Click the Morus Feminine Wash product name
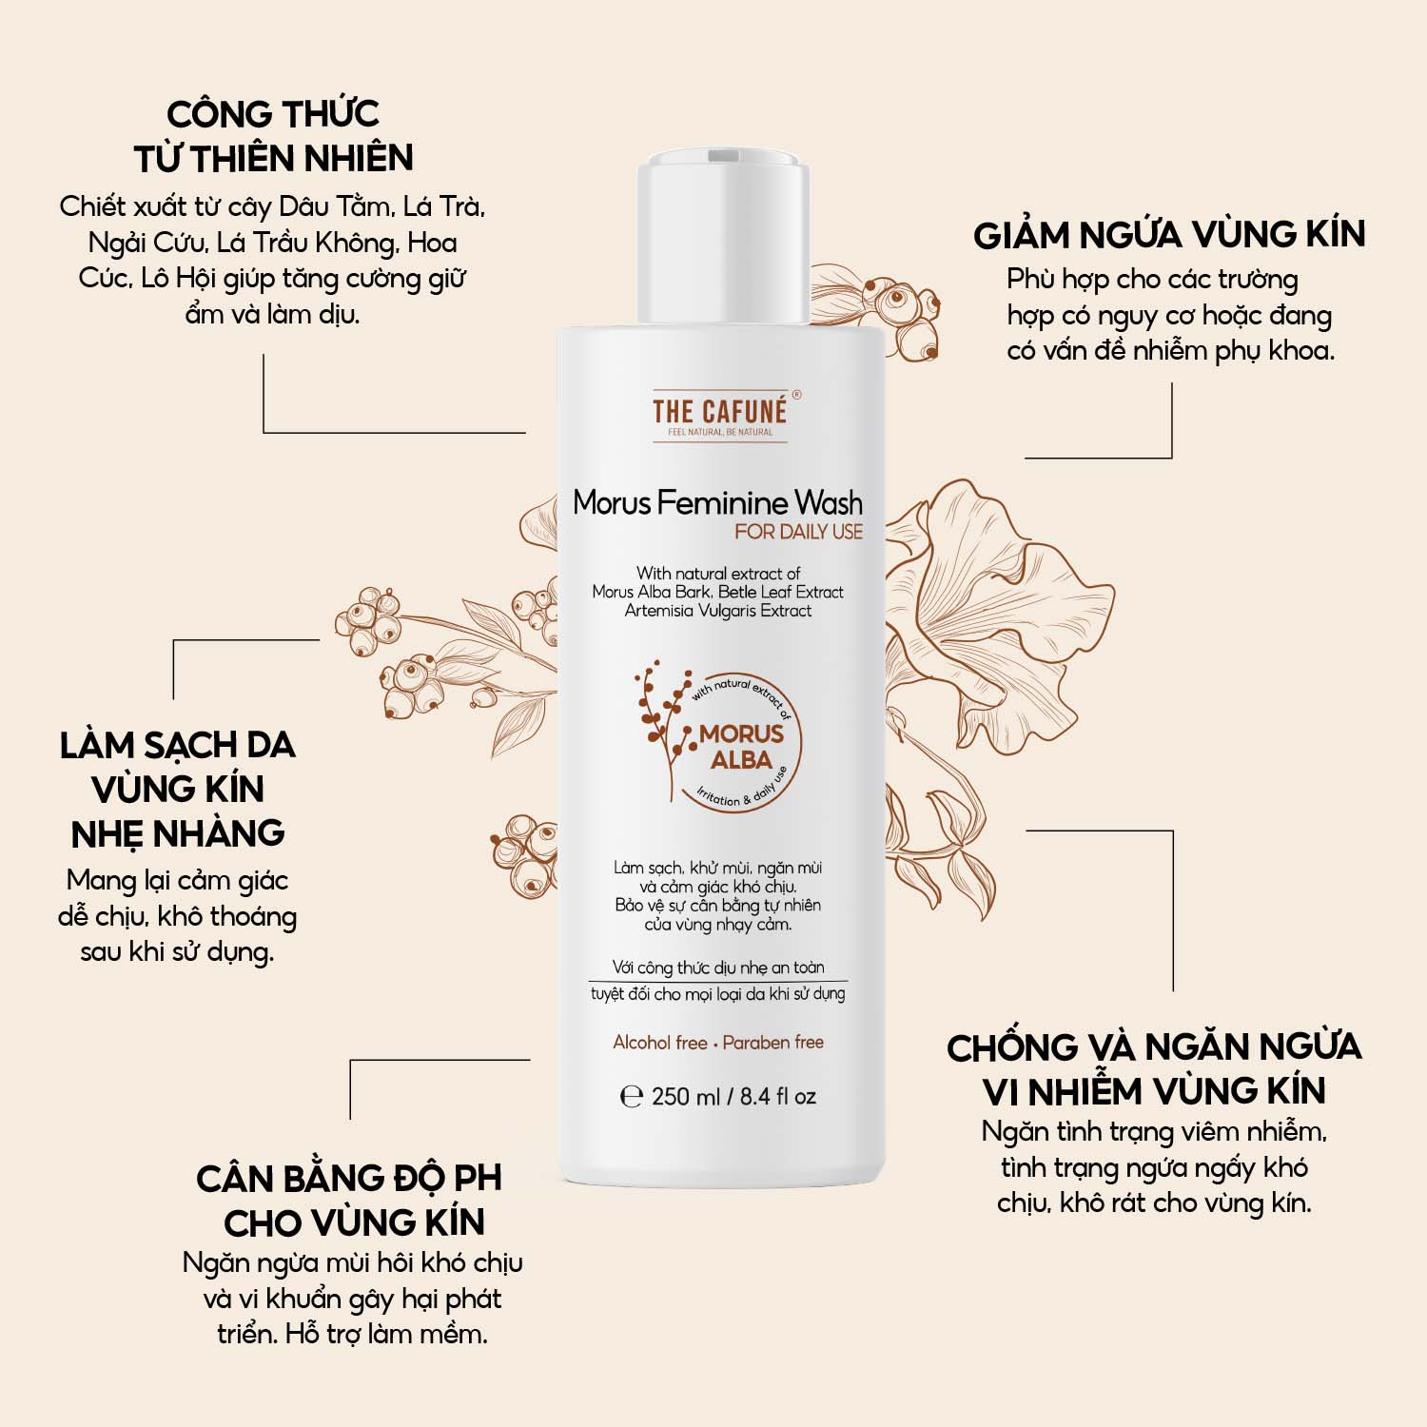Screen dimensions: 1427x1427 coord(718,502)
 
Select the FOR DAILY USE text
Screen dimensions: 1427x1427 coord(798,532)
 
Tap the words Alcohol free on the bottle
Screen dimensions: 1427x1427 coord(660,1043)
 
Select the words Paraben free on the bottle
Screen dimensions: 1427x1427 coord(772,1043)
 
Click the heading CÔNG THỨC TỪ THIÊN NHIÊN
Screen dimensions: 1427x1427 coord(274,136)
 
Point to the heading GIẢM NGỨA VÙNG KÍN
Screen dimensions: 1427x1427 coord(1169,234)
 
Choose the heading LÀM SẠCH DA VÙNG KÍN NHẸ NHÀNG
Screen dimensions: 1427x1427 coord(178,789)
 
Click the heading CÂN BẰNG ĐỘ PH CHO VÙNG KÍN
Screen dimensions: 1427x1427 coord(349,1200)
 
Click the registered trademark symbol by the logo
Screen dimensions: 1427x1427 coord(796,394)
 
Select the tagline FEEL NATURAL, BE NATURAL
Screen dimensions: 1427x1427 coord(720,433)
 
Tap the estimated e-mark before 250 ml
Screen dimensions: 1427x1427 coord(631,1097)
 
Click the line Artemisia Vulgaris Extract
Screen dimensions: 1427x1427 coord(718,611)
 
